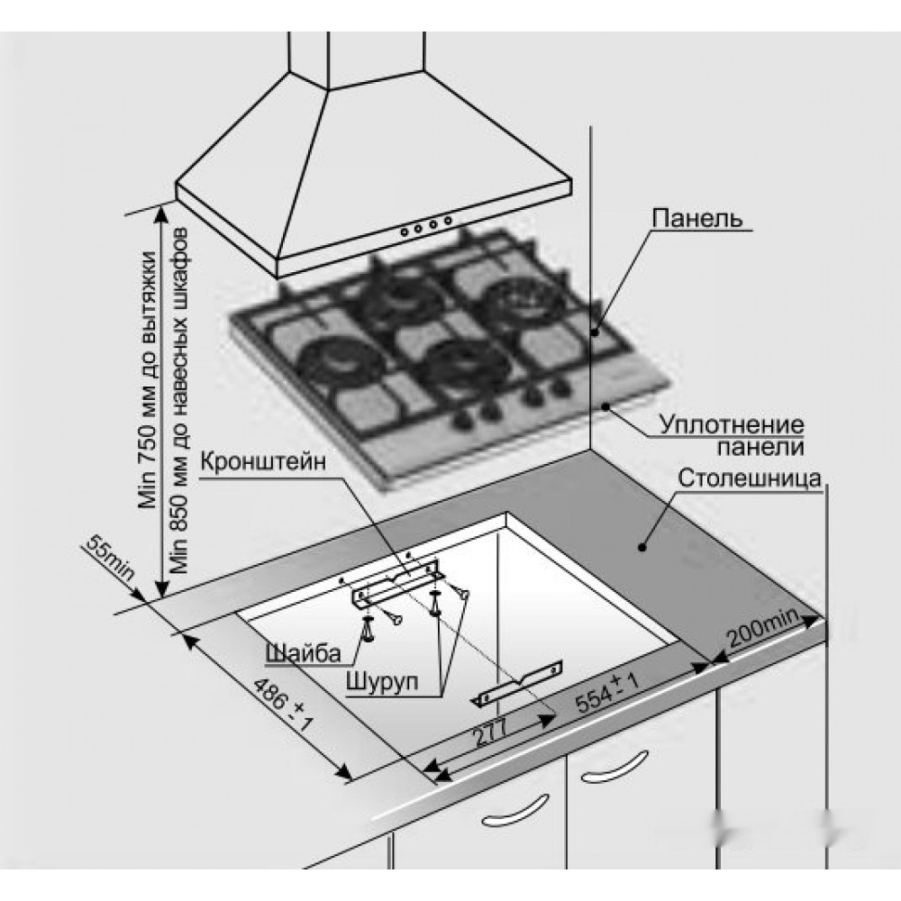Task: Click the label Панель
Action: pyautogui.click(x=696, y=218)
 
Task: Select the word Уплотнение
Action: pyautogui.click(x=731, y=423)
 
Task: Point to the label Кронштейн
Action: pyautogui.click(x=262, y=465)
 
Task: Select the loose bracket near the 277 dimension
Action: pyautogui.click(x=519, y=682)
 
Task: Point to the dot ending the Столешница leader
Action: pyautogui.click(x=642, y=545)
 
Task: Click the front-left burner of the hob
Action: pyautogui.click(x=334, y=359)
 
